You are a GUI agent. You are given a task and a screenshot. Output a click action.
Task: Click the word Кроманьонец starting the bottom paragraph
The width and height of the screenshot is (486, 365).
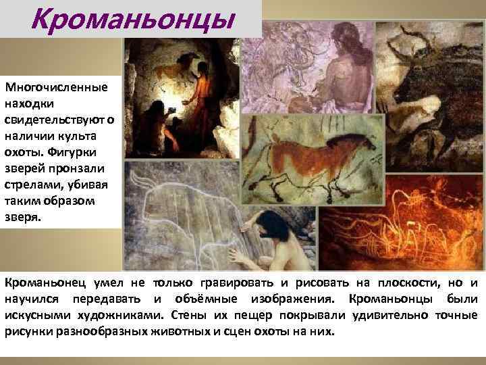[x=42, y=281]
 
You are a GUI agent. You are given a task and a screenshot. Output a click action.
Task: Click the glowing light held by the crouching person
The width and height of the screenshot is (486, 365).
[x=169, y=109]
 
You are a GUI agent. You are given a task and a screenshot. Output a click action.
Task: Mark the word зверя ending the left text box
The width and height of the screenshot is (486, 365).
[x=22, y=218]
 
